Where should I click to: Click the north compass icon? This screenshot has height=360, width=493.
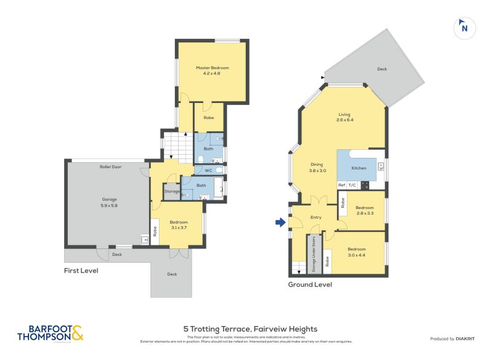pos(465,28)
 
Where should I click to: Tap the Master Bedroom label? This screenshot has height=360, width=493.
pos(212,70)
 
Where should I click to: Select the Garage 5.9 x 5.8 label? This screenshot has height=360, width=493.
pos(109,202)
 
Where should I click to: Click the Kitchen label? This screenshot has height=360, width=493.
pos(359,168)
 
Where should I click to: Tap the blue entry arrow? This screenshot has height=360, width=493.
pos(280,223)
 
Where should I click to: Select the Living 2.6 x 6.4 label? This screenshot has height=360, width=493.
pos(344,117)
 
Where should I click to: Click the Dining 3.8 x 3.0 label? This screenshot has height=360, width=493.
pos(317,168)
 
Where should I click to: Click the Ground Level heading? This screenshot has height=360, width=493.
pos(310,285)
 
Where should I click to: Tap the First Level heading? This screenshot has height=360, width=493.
pos(81,271)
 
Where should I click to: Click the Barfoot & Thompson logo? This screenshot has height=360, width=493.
pos(50,333)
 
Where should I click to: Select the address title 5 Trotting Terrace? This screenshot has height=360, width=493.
pos(250,329)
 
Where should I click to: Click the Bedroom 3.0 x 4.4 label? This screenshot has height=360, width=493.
pos(356,252)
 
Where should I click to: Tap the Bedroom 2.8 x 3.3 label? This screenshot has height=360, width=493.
pos(365,210)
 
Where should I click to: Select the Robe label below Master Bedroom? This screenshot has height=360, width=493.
pos(208,117)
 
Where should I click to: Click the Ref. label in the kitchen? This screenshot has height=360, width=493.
pos(341,185)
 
